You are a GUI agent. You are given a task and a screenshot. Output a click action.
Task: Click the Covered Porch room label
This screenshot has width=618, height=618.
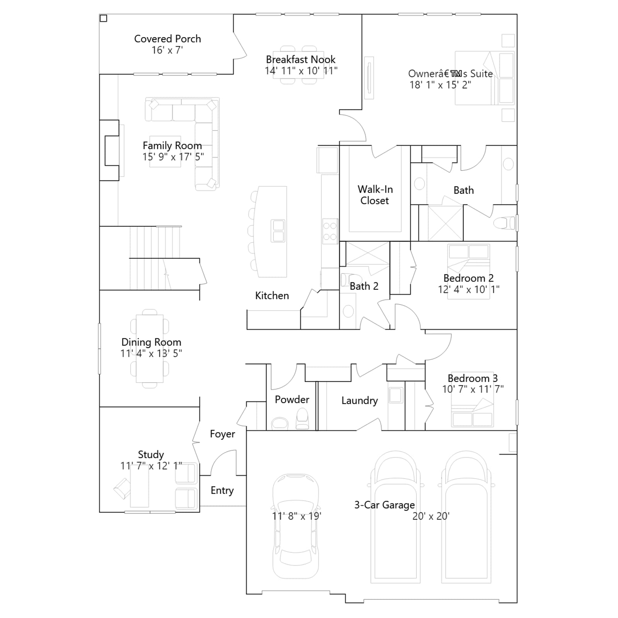click(x=167, y=39)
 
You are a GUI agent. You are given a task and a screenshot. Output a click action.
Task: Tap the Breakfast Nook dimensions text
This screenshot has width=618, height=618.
click(x=301, y=71)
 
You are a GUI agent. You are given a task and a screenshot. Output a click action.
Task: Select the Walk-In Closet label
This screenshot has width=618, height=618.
click(x=375, y=195)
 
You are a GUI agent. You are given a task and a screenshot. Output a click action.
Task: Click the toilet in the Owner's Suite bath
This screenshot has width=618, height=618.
click(x=504, y=223)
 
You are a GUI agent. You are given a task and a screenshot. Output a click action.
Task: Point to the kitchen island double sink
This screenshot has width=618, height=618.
click(x=278, y=231)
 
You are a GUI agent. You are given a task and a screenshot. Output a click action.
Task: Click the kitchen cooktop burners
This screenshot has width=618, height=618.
click(x=330, y=231)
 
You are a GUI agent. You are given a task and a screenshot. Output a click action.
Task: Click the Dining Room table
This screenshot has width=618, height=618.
click(x=149, y=348)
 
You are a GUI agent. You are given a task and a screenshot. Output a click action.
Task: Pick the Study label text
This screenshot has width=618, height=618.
click(x=151, y=454)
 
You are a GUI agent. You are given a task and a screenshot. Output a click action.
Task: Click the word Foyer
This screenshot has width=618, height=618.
click(x=222, y=434)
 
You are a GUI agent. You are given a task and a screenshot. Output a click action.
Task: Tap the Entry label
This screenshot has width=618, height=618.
click(x=222, y=491)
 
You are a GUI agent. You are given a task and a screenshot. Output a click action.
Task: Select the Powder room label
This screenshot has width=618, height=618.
click(x=292, y=399)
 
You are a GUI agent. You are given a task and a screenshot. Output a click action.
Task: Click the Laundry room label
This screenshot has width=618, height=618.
click(x=360, y=401)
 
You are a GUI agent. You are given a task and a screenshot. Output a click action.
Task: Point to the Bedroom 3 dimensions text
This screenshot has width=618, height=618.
click(x=473, y=389)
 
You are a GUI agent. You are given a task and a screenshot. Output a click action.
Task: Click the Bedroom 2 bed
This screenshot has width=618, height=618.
click(x=469, y=271)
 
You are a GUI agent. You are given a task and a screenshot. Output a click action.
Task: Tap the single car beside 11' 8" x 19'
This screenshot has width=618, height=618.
click(x=296, y=526)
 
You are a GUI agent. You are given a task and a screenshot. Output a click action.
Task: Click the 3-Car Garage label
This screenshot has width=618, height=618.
click(x=385, y=505)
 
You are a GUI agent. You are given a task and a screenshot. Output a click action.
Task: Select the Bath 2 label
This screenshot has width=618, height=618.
click(x=364, y=286)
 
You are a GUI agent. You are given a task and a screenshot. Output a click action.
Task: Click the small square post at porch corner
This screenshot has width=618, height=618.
click(x=103, y=18)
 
